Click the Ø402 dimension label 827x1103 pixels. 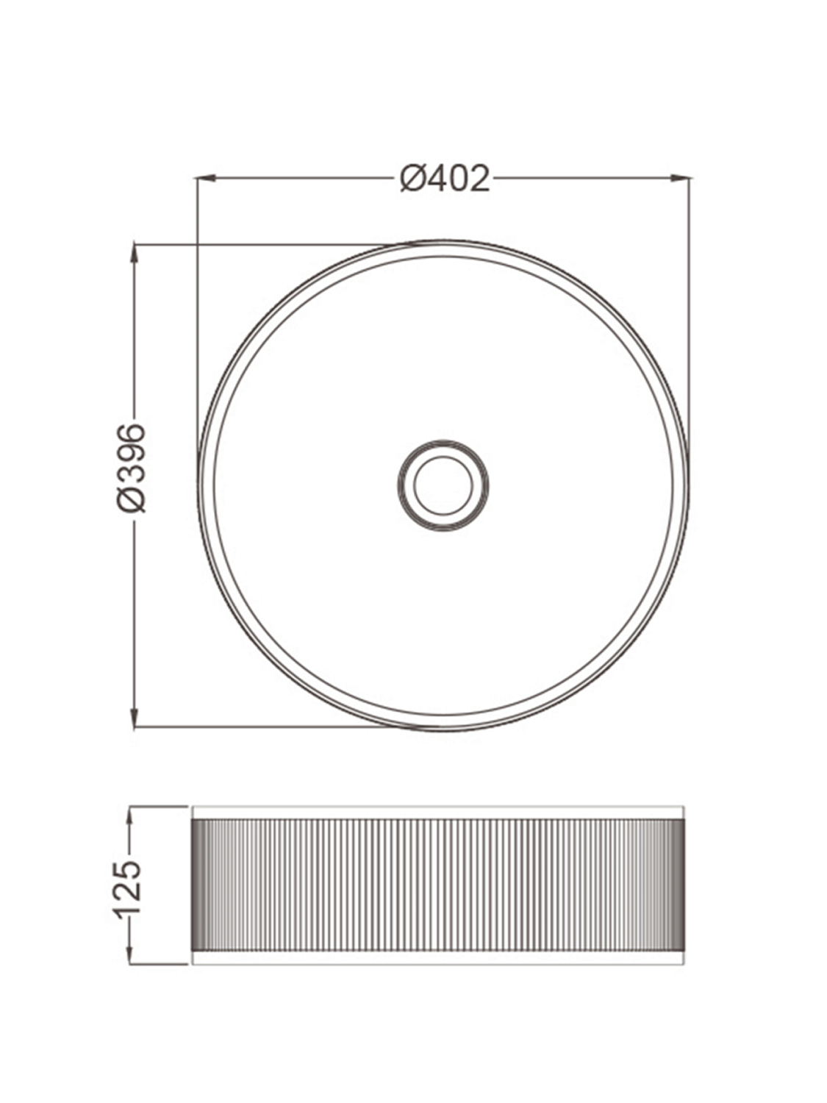(x=445, y=179)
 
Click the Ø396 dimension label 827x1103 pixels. (x=132, y=467)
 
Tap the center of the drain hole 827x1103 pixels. (x=443, y=485)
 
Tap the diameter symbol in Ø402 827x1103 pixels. (x=414, y=179)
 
